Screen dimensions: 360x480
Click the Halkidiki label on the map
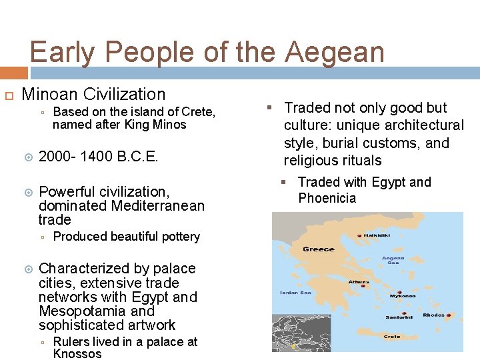pyautogui.click(x=377, y=235)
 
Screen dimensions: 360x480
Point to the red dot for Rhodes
pyautogui.click(x=449, y=315)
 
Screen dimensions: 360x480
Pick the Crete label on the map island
pyautogui.click(x=391, y=337)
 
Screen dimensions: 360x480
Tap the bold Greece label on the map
pyautogui.click(x=318, y=249)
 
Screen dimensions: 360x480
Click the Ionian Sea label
pyautogui.click(x=295, y=292)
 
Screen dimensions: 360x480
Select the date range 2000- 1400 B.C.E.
pyautogui.click(x=98, y=157)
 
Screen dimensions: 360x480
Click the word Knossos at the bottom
pyautogui.click(x=77, y=354)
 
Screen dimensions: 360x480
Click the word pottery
pyautogui.click(x=179, y=237)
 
